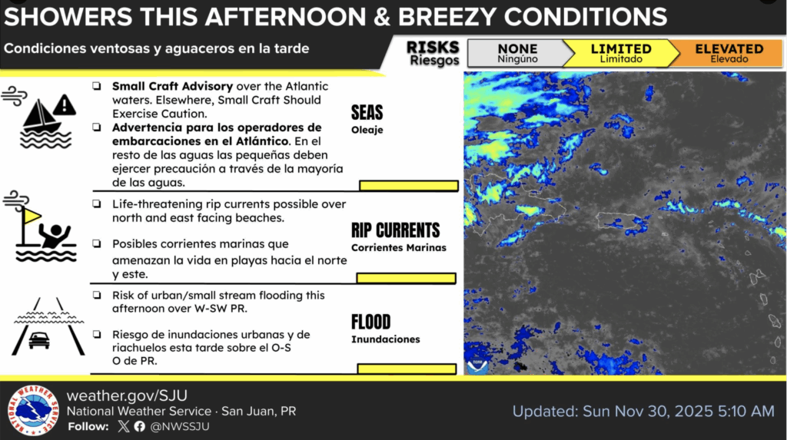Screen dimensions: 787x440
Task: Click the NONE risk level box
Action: [x=517, y=53]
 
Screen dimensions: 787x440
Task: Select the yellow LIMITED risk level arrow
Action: [x=621, y=53]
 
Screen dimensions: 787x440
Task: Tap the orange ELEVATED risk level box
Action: [x=729, y=53]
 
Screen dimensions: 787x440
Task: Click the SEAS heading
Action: [x=367, y=112]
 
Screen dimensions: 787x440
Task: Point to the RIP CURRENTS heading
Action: [x=396, y=230]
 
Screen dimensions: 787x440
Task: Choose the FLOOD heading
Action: [x=371, y=322]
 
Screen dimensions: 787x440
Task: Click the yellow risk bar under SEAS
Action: [x=409, y=186]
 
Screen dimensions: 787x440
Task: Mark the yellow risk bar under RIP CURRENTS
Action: [x=406, y=278]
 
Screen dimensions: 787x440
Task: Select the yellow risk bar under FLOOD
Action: [x=407, y=369]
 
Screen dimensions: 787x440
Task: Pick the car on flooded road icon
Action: [x=48, y=326]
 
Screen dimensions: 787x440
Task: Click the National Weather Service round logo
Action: [x=33, y=410]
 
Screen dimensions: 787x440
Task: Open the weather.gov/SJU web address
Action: [x=127, y=395]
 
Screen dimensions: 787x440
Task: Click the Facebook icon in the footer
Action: [x=140, y=426]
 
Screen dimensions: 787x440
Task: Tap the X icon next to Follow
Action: [x=124, y=426]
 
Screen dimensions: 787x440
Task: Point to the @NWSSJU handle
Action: [x=180, y=426]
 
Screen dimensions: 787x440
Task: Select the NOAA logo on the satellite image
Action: [x=477, y=366]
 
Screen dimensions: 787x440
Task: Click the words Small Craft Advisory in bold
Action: [x=172, y=86]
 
